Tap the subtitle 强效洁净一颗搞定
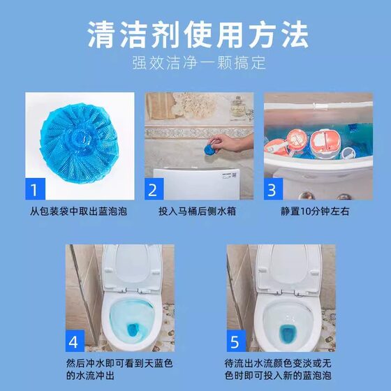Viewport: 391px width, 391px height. point(199,63)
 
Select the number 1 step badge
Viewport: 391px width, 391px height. point(36,189)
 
